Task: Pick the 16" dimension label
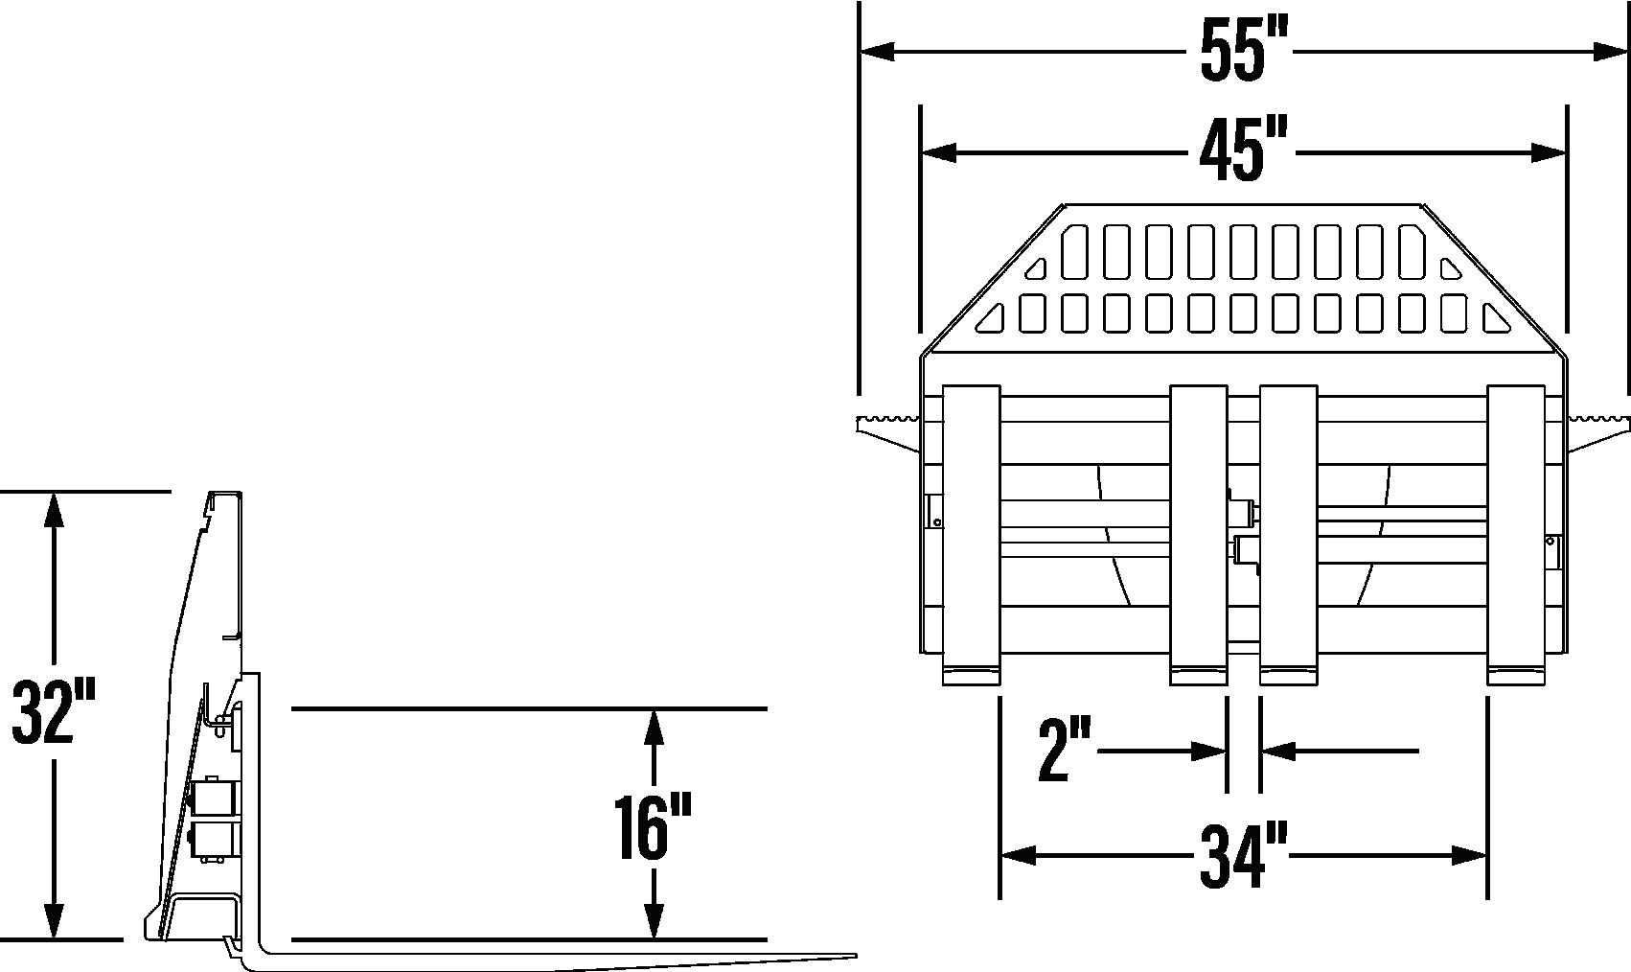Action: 652,828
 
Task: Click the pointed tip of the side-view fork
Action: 856,956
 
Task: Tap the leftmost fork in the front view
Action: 972,535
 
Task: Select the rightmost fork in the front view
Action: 1516,535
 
